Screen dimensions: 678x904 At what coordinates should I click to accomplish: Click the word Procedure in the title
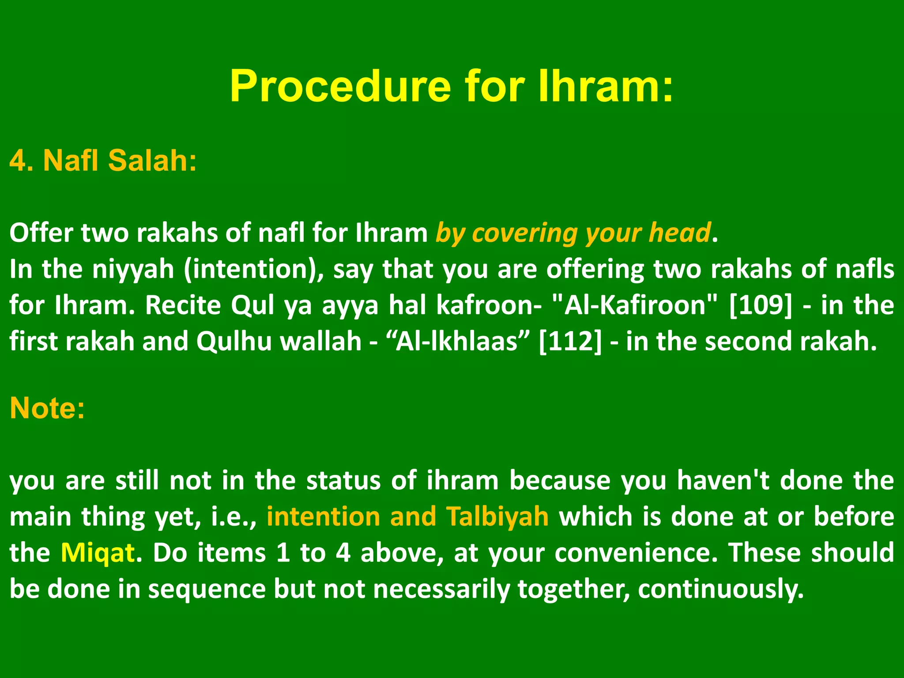pos(340,86)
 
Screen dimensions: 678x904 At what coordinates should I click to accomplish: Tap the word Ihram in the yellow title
pos(605,86)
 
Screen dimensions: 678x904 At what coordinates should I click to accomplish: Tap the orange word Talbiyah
pos(497,516)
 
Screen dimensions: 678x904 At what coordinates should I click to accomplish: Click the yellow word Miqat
pos(98,553)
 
